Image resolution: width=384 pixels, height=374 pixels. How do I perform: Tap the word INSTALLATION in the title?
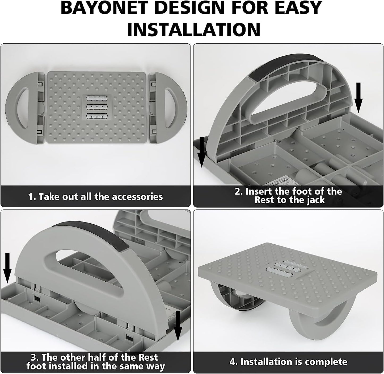coord(194,30)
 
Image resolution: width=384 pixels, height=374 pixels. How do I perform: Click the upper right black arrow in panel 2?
coord(358,98)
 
